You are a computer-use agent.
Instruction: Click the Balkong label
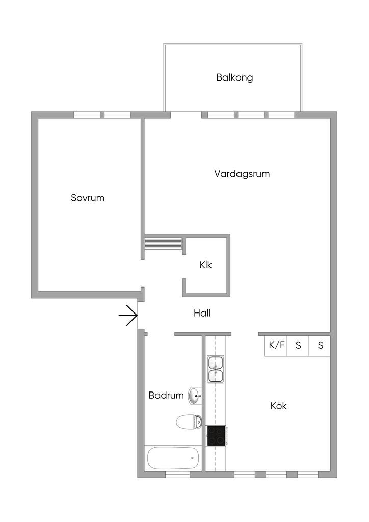[x=234, y=78]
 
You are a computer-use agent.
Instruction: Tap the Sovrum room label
[x=88, y=198]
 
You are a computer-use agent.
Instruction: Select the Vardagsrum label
[x=242, y=174]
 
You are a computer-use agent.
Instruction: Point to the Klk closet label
[x=205, y=265]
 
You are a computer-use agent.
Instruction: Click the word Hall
[x=202, y=314]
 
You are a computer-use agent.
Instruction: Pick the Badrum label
[x=166, y=395]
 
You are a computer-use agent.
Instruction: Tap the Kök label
[x=278, y=406]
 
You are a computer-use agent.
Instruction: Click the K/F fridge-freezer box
[x=277, y=345]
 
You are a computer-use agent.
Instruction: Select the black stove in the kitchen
[x=216, y=436]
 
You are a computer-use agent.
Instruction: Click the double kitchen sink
[x=216, y=370]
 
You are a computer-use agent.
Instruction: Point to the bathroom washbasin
[x=195, y=395]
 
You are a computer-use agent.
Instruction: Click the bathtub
[x=173, y=458]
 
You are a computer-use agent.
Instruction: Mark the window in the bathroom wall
[x=177, y=475]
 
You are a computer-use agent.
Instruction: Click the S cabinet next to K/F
[x=298, y=345]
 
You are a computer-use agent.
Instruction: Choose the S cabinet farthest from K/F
[x=320, y=345]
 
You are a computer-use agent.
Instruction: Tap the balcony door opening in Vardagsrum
[x=186, y=115]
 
